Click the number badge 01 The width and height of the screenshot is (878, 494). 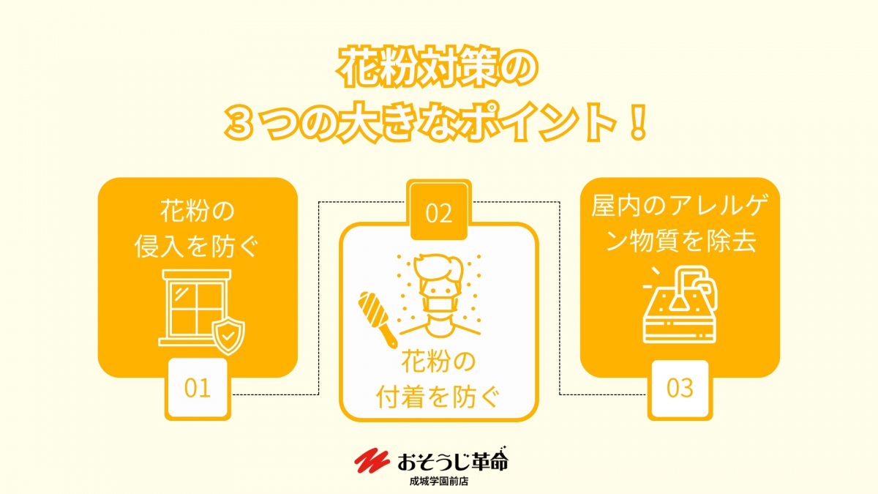tap(198, 389)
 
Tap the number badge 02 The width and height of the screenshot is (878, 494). tap(438, 211)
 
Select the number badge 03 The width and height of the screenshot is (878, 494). tap(680, 389)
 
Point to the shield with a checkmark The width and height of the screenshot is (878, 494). tap(228, 337)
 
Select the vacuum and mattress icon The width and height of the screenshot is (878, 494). tap(680, 304)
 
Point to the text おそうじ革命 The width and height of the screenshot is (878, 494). tap(453, 460)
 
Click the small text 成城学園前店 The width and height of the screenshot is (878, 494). tap(439, 482)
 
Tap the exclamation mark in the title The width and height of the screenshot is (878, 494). tap(638, 122)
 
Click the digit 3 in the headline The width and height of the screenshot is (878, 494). tap(239, 124)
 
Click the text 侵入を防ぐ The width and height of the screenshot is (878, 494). tap(197, 247)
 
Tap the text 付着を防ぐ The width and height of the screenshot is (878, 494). tap(438, 397)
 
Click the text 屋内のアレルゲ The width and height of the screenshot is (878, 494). tap(680, 206)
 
